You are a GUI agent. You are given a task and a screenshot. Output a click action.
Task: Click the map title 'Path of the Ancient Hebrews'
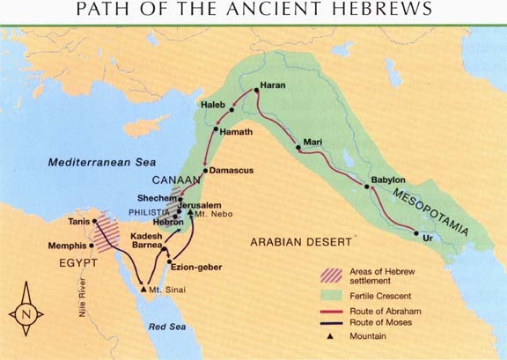(253, 11)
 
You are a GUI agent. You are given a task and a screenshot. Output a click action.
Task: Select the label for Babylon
(388, 179)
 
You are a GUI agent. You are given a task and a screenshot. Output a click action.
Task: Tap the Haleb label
(215, 104)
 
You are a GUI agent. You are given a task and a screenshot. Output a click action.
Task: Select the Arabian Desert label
(302, 241)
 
